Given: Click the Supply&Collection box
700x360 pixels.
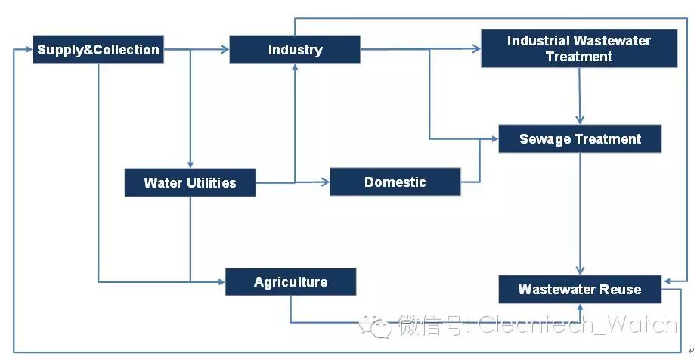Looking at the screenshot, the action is tap(98, 50).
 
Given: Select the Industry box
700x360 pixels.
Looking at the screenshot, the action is tap(295, 50).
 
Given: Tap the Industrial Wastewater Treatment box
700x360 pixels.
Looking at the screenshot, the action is tap(578, 48).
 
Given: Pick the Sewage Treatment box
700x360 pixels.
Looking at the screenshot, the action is tap(580, 139).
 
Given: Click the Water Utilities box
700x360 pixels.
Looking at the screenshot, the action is tap(190, 182).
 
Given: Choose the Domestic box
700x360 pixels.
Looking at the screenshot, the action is tap(395, 182).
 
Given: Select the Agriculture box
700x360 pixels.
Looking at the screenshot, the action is tap(290, 282).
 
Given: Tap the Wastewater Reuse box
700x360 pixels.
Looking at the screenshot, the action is tap(579, 290).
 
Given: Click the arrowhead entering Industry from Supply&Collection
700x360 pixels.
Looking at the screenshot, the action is tap(225, 50).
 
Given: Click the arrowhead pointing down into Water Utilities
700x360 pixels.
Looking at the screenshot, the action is tap(190, 164).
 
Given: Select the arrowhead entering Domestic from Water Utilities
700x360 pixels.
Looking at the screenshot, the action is tap(326, 182).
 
